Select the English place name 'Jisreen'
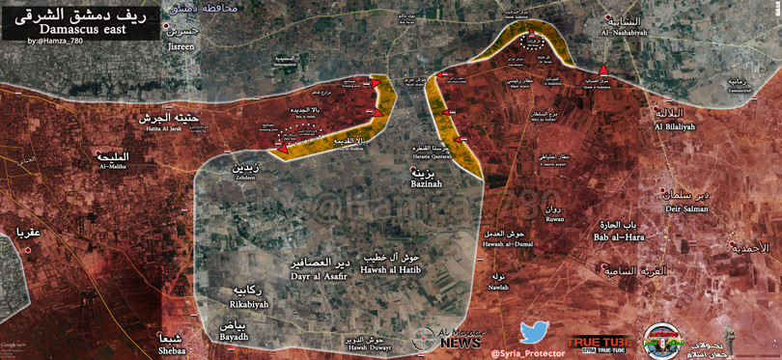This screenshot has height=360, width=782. point(181,45)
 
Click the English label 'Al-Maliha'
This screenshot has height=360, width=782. point(113,166)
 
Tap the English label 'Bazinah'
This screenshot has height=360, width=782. point(425,183)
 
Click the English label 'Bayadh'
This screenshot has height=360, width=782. point(235,337)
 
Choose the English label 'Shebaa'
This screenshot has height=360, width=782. point(166,349)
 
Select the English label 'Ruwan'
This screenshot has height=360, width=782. point(553,218)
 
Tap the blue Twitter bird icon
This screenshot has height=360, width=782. point(534,333)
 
